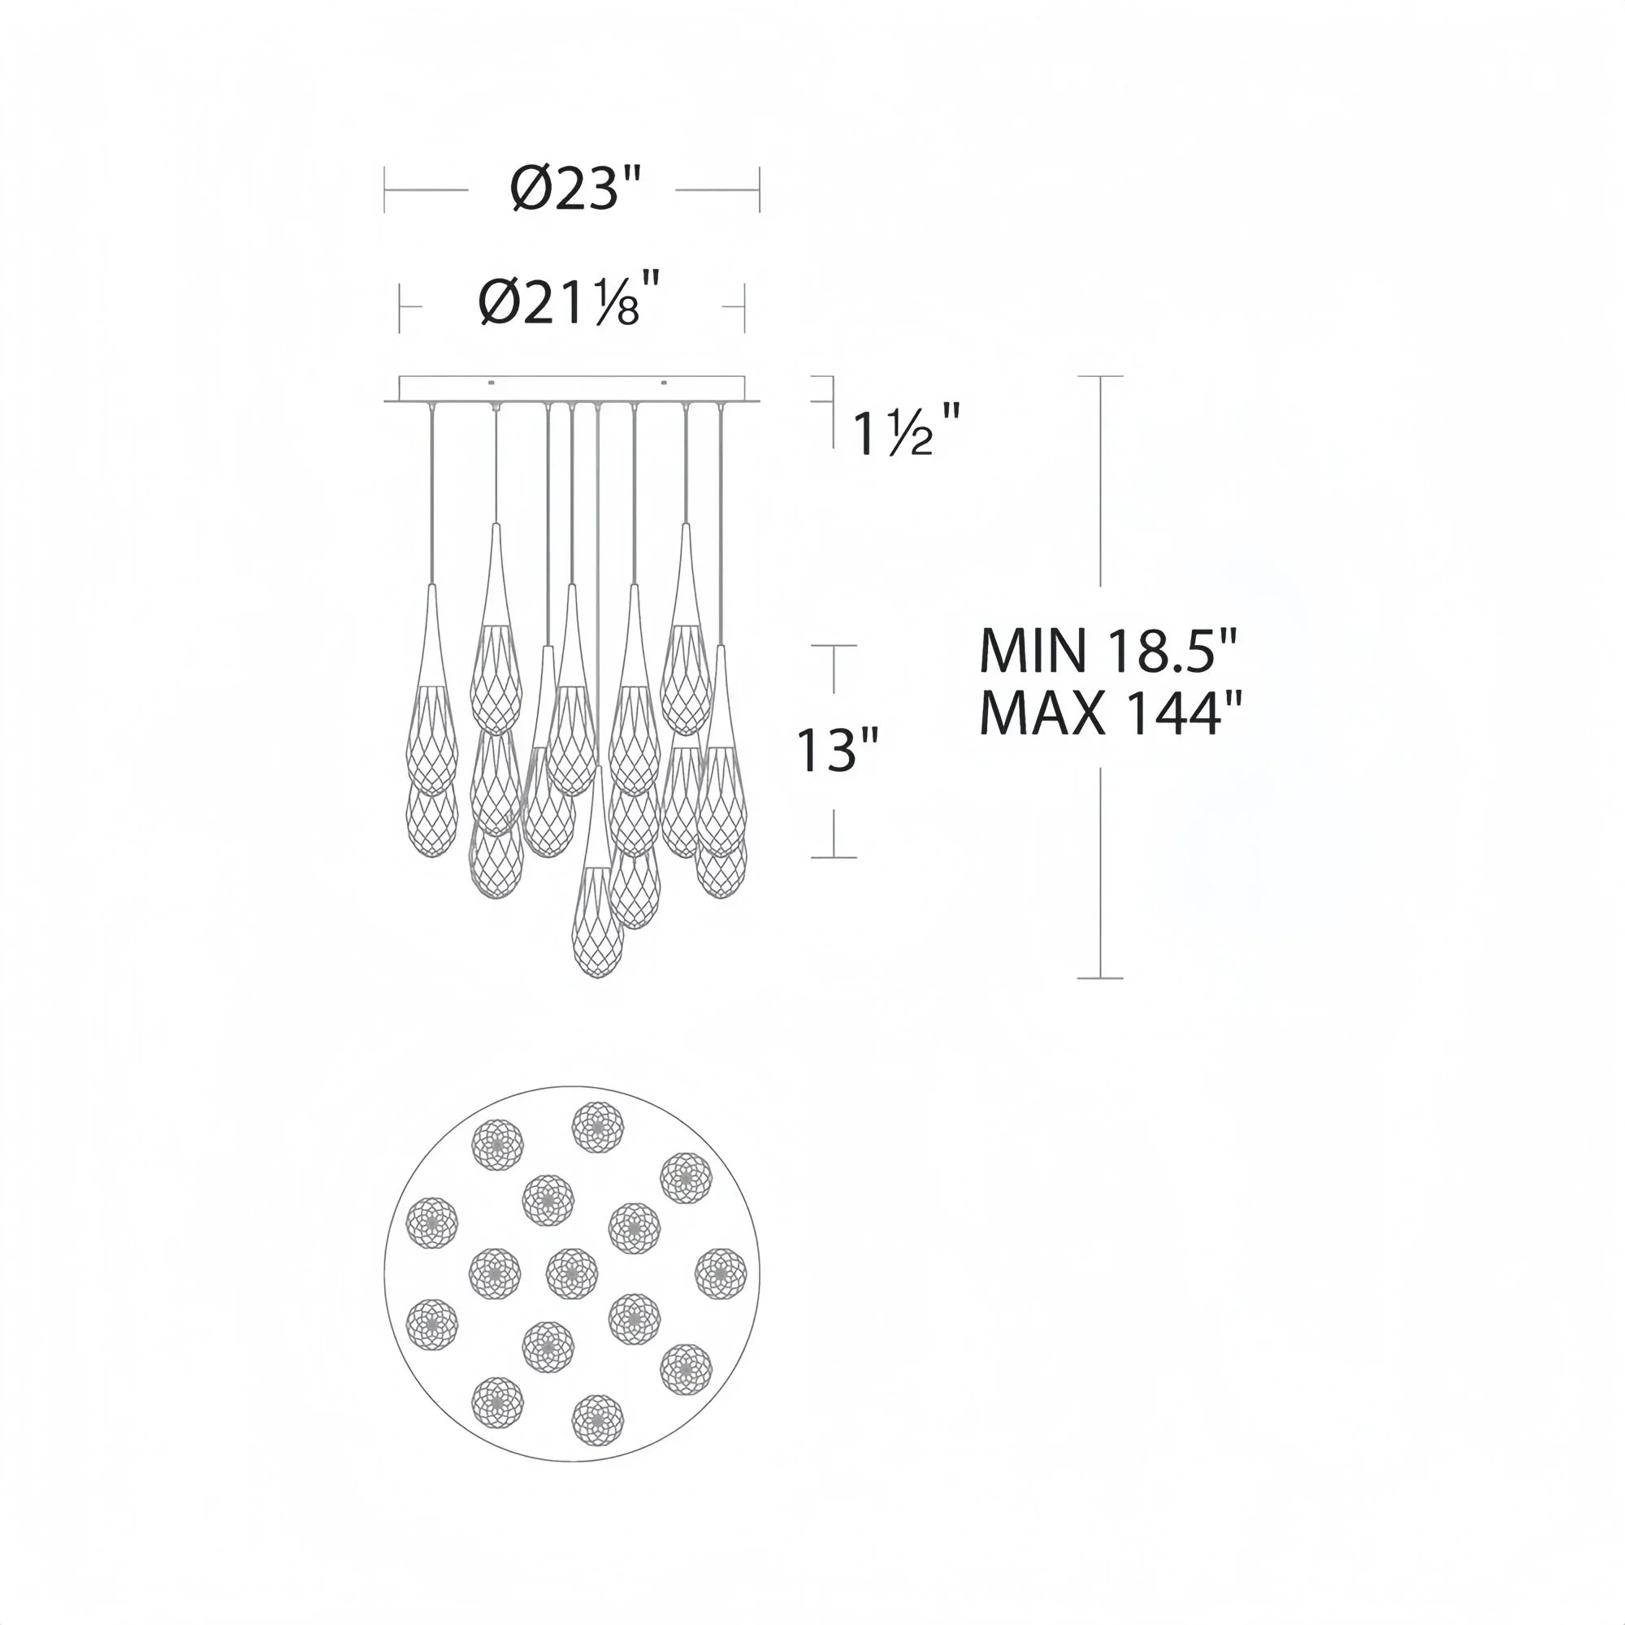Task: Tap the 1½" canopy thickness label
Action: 905,431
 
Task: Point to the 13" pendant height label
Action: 837,750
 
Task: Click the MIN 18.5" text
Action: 1108,651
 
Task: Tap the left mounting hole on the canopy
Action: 492,383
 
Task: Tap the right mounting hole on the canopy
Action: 665,383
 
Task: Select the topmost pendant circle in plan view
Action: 598,1127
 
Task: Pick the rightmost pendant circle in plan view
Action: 721,1274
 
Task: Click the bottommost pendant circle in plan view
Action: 598,1420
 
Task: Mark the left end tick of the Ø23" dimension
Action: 384,189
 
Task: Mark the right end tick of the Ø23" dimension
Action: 760,189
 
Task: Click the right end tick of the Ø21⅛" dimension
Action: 744,307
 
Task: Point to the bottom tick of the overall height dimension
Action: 1100,978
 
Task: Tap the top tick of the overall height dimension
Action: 1100,376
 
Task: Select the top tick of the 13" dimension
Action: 834,646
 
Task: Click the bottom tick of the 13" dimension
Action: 834,857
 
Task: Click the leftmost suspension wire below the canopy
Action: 431,496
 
